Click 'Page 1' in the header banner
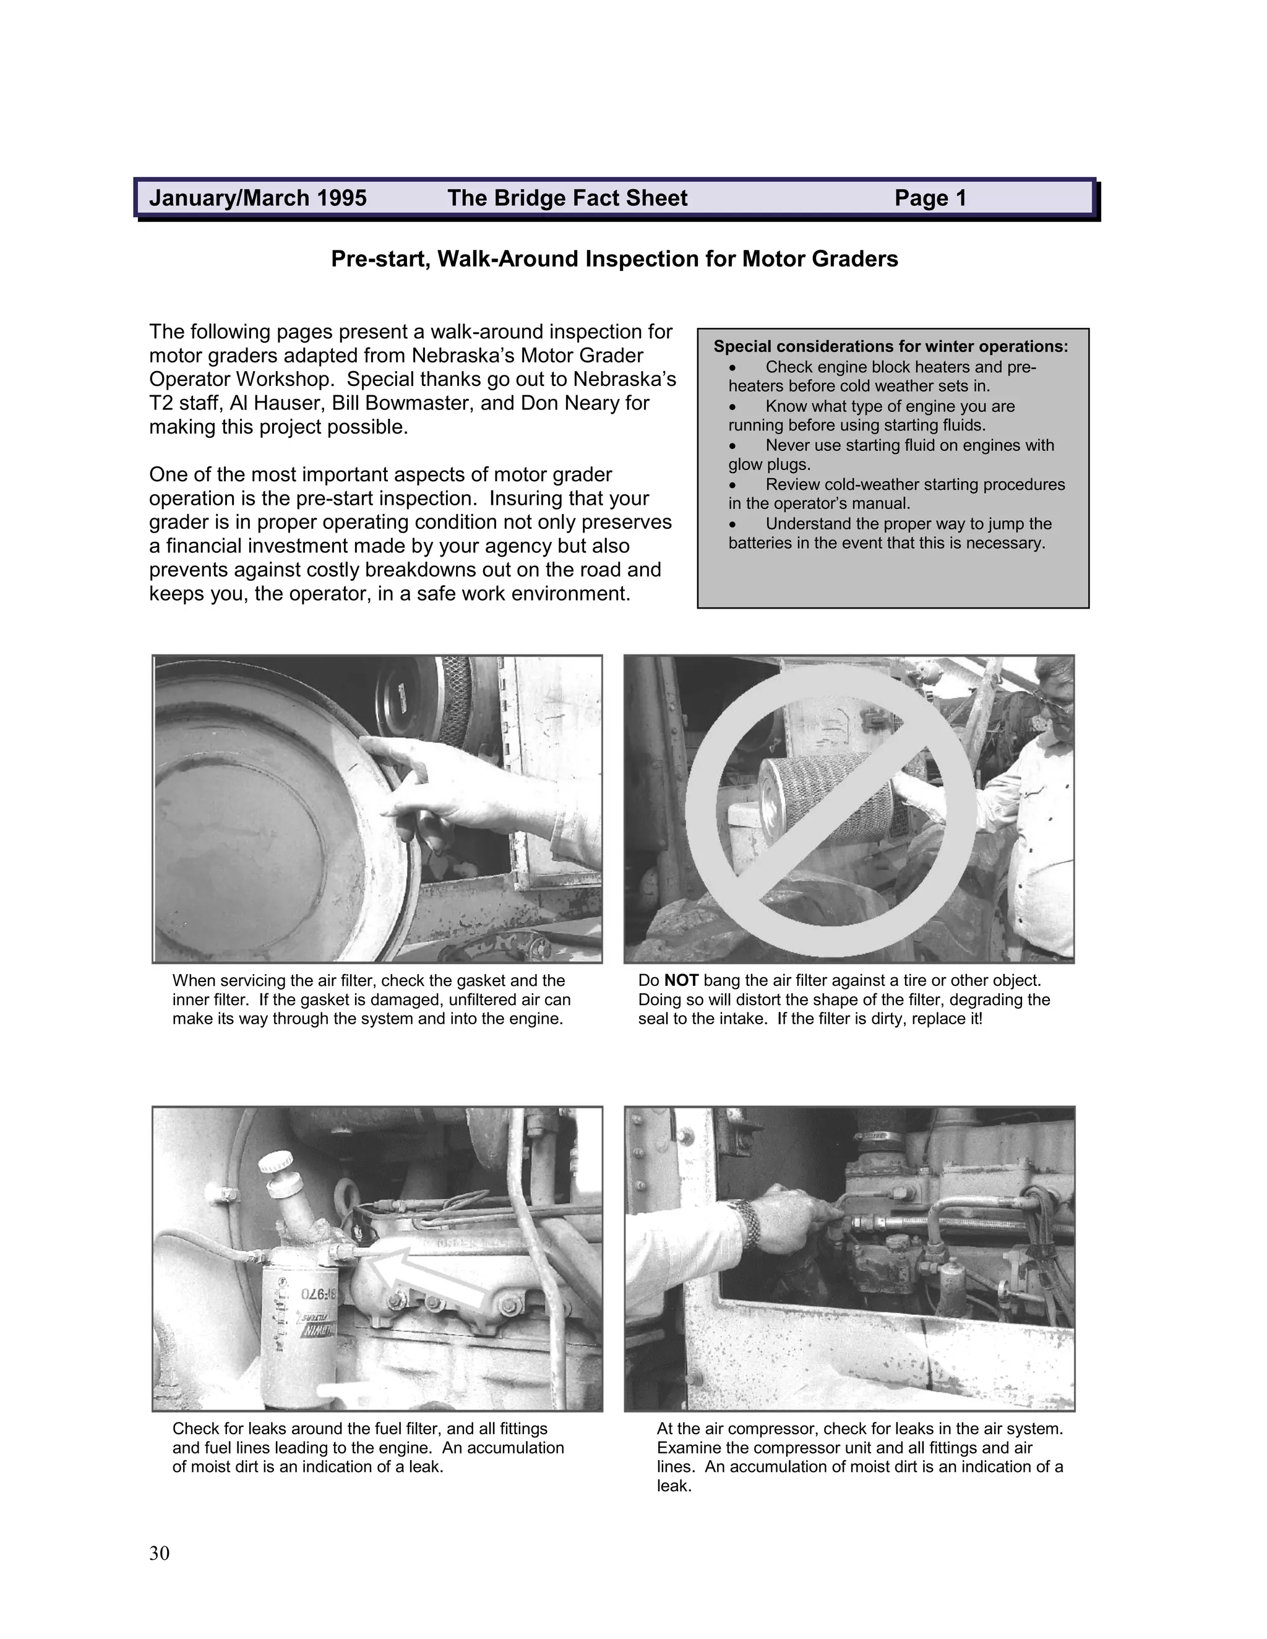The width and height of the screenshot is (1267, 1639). pos(930,198)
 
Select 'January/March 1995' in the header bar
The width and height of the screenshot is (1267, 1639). pos(257,198)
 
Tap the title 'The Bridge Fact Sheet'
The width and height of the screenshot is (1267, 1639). pos(567,198)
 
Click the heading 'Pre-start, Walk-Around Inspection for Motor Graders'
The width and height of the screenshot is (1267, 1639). pos(614,259)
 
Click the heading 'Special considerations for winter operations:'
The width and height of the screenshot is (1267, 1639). pos(890,347)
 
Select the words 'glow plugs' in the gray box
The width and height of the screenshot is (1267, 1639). pos(758,464)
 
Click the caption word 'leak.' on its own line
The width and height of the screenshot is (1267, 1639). pos(673,1485)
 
